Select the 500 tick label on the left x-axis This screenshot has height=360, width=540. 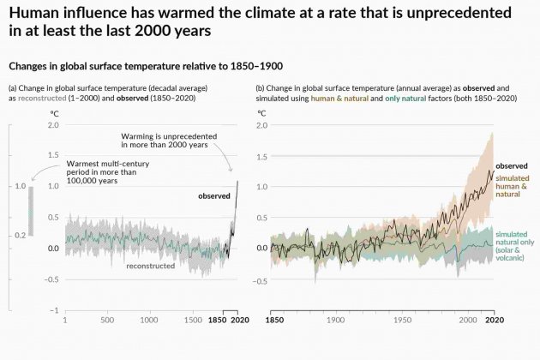coord(107,320)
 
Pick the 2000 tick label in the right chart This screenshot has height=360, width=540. coord(468,320)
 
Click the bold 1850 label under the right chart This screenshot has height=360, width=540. coord(271,320)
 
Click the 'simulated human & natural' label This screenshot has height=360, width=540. coord(513,186)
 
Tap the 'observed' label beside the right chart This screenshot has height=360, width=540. coord(512,165)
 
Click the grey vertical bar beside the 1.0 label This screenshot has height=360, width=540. coord(31,210)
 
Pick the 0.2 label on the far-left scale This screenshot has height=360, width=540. coord(19,234)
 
